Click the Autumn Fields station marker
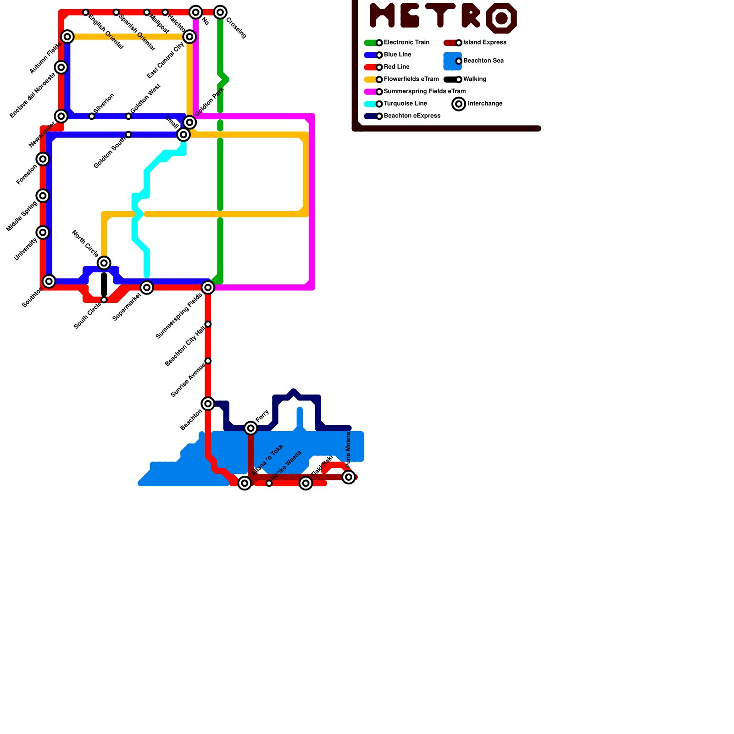point(67,37)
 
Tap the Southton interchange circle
point(49,281)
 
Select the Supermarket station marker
point(147,288)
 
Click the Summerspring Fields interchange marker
point(208,288)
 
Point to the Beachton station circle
point(208,404)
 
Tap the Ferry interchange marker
point(250,428)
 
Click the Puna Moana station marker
point(349,477)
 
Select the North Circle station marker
point(104,263)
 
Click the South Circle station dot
point(104,300)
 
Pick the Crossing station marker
point(220,12)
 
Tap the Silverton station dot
point(92,116)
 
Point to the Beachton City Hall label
point(184,347)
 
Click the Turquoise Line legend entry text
point(405,104)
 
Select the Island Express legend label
point(484,43)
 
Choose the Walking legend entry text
point(474,79)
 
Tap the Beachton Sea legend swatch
point(452,61)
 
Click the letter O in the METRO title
point(501,18)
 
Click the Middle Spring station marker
point(43,196)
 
